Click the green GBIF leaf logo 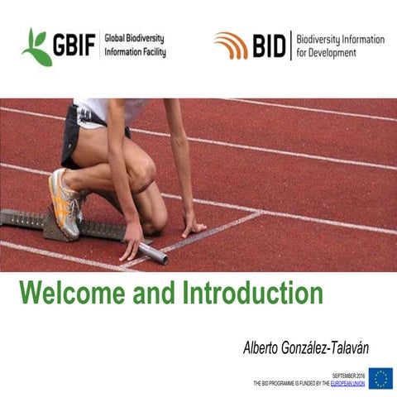click(37, 46)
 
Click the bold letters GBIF click(74, 45)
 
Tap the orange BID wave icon click(231, 45)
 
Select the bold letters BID click(268, 45)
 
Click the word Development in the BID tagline click(334, 53)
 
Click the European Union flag click(380, 378)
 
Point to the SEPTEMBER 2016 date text click(348, 376)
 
